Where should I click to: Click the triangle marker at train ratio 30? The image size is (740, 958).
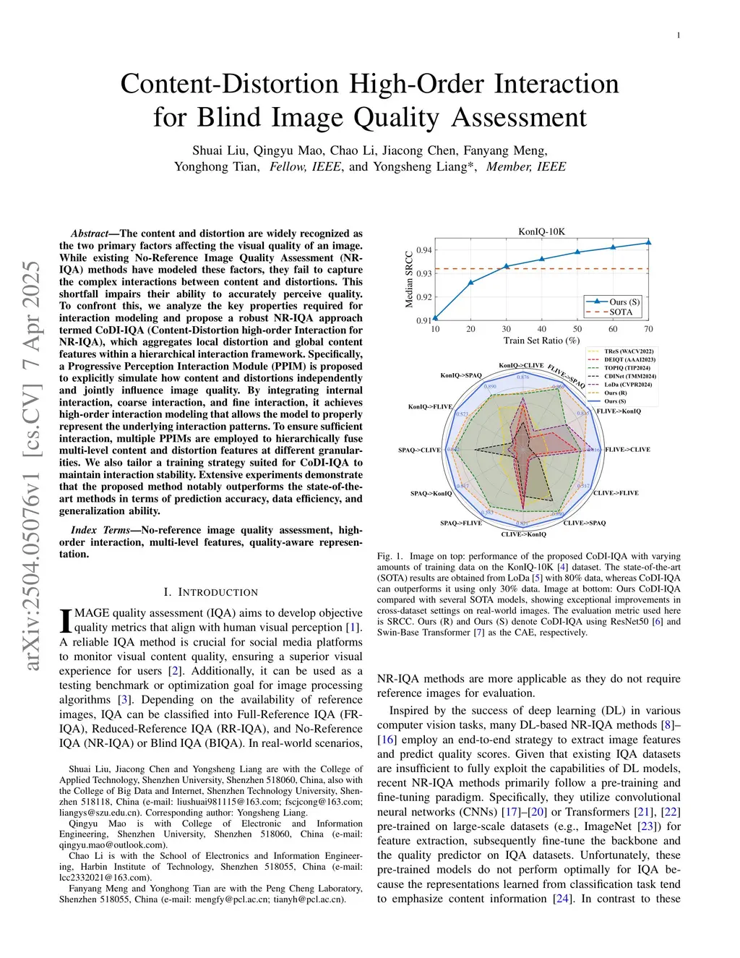point(507,266)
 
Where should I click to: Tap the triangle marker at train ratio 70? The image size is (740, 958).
point(648,243)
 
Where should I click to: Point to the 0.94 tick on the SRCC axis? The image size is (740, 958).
point(424,250)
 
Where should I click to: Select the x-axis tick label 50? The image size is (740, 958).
point(577,329)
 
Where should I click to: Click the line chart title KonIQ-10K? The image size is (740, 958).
point(541,231)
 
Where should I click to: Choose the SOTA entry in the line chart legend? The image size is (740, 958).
point(620,312)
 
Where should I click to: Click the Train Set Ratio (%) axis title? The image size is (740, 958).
point(541,341)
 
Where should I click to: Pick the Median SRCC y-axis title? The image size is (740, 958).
point(409,280)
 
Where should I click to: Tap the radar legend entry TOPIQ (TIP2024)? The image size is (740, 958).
point(627,368)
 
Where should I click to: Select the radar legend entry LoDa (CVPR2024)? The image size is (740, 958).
point(627,385)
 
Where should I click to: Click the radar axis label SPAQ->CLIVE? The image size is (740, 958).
point(419,450)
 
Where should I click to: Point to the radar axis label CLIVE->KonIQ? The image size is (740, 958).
point(524,534)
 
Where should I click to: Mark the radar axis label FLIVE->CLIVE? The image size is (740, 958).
point(627,450)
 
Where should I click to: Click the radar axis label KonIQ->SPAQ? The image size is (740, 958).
point(461,375)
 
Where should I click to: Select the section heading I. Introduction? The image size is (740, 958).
point(210,592)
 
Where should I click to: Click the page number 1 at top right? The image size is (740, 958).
point(679,35)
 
